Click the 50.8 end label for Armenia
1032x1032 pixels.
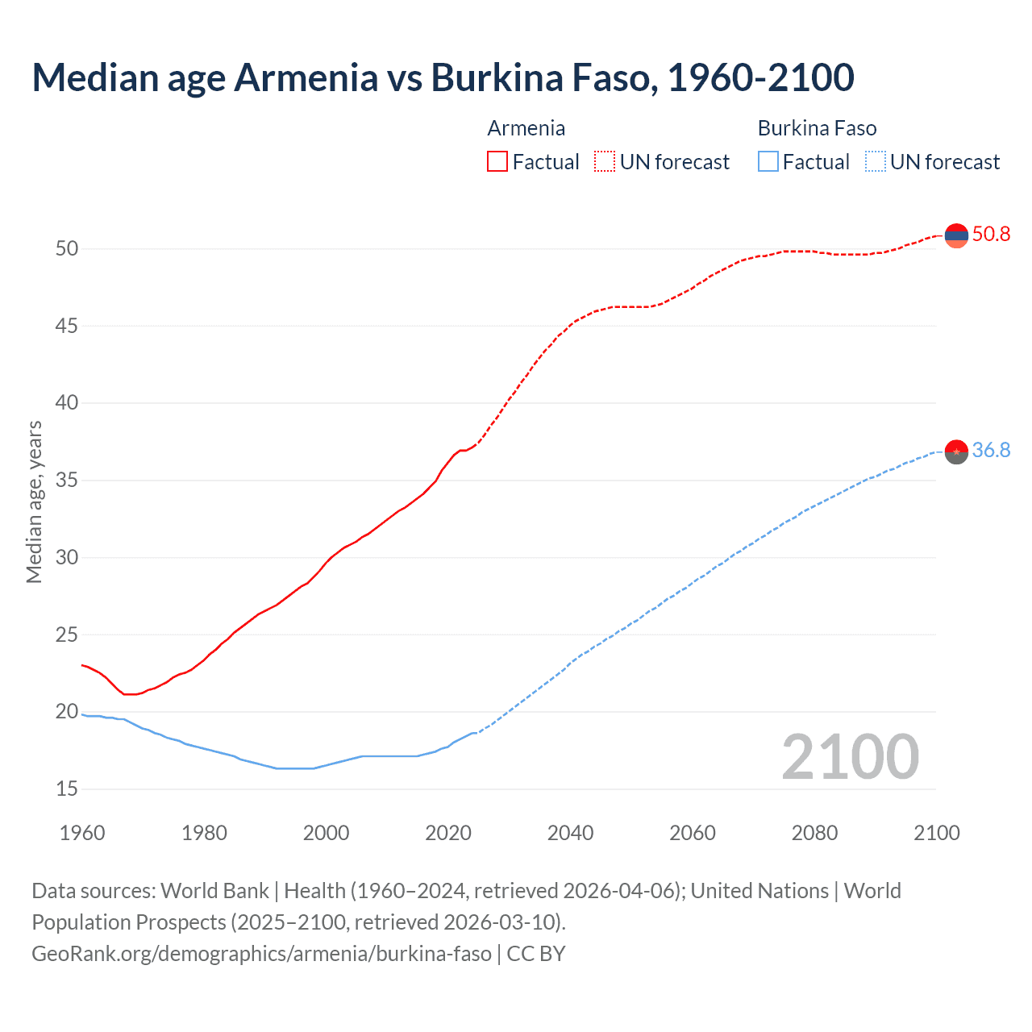[991, 235]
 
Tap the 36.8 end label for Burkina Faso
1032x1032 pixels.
[991, 451]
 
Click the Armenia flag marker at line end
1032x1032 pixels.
[956, 235]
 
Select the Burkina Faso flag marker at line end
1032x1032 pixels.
[956, 452]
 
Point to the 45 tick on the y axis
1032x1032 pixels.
[67, 327]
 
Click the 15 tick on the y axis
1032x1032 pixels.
[67, 789]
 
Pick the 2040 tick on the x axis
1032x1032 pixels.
[570, 833]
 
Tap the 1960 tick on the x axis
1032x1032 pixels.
[82, 833]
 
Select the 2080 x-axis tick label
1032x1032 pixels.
[814, 833]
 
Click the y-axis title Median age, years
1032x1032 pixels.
[34, 501]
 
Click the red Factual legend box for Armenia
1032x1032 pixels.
[497, 162]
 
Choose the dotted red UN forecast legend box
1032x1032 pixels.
[605, 162]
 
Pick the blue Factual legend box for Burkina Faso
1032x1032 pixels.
[768, 162]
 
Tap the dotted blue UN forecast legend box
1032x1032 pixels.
[876, 162]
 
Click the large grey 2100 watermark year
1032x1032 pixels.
[850, 757]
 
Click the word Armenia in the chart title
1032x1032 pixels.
[306, 77]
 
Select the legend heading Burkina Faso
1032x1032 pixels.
[817, 128]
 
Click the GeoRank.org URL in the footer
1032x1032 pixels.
[261, 954]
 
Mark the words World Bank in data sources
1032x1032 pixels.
[214, 891]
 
